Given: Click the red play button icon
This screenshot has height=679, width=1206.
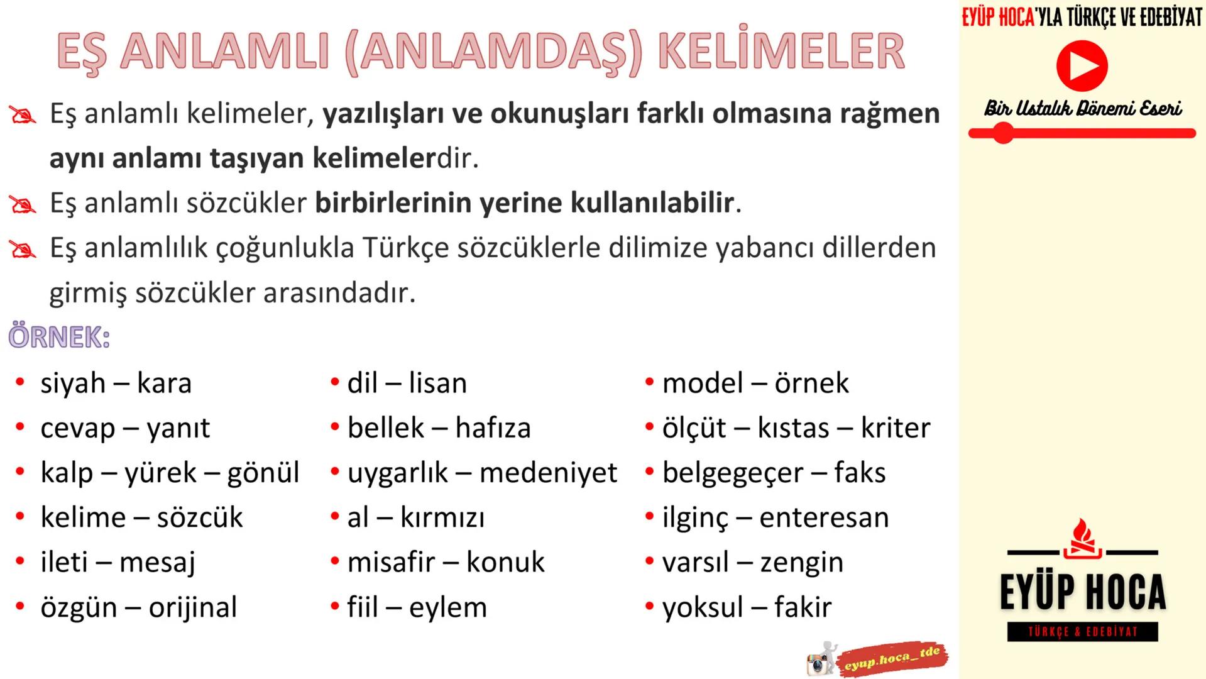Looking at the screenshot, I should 1082,65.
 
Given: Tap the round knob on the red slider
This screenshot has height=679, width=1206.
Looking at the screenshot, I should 1003,133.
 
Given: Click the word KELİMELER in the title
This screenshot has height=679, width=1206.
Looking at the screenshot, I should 781,52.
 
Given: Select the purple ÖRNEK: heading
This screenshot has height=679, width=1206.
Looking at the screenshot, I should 59,337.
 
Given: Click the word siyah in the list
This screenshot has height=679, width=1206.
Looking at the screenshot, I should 72,384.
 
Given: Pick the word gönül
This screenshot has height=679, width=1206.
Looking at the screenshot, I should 263,473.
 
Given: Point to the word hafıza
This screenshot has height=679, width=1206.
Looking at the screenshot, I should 493,428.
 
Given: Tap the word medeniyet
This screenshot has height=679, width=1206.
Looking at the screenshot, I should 548,473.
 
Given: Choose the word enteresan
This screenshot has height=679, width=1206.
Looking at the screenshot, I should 824,517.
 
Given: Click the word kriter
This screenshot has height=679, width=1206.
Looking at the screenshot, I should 895,428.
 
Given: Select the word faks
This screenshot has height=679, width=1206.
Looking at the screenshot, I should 860,473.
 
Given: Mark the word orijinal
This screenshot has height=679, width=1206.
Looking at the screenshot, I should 193,607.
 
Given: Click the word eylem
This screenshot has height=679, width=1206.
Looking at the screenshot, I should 447,607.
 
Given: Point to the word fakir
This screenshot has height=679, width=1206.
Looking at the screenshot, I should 803,607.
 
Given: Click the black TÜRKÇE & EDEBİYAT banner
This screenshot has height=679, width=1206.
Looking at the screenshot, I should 1082,632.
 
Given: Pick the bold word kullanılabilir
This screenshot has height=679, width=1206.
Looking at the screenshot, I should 652,203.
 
